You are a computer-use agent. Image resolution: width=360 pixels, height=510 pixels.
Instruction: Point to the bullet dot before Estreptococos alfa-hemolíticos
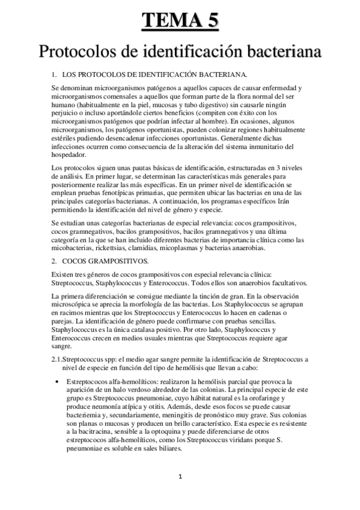(x=56, y=381)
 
